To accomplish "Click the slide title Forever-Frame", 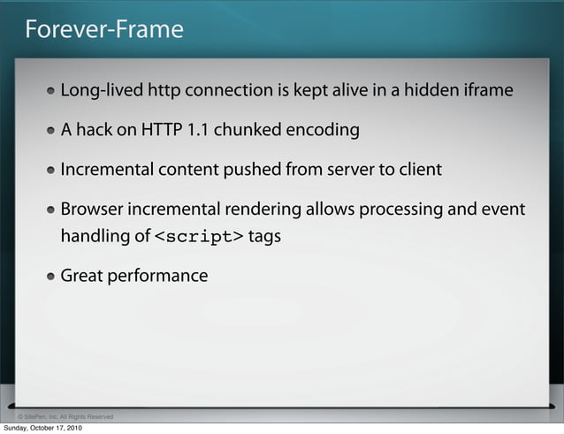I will tap(103, 30).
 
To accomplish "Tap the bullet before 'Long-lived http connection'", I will tap(53, 91).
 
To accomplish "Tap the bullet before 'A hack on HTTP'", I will tap(53, 131).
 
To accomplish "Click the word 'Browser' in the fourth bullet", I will tap(92, 210).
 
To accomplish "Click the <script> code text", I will tap(199, 237).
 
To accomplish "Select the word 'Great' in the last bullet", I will tap(81, 276).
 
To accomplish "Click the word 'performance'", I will tap(157, 277).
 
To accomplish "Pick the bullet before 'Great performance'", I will tap(53, 277).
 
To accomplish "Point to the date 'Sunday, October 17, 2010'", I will tap(43, 429).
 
